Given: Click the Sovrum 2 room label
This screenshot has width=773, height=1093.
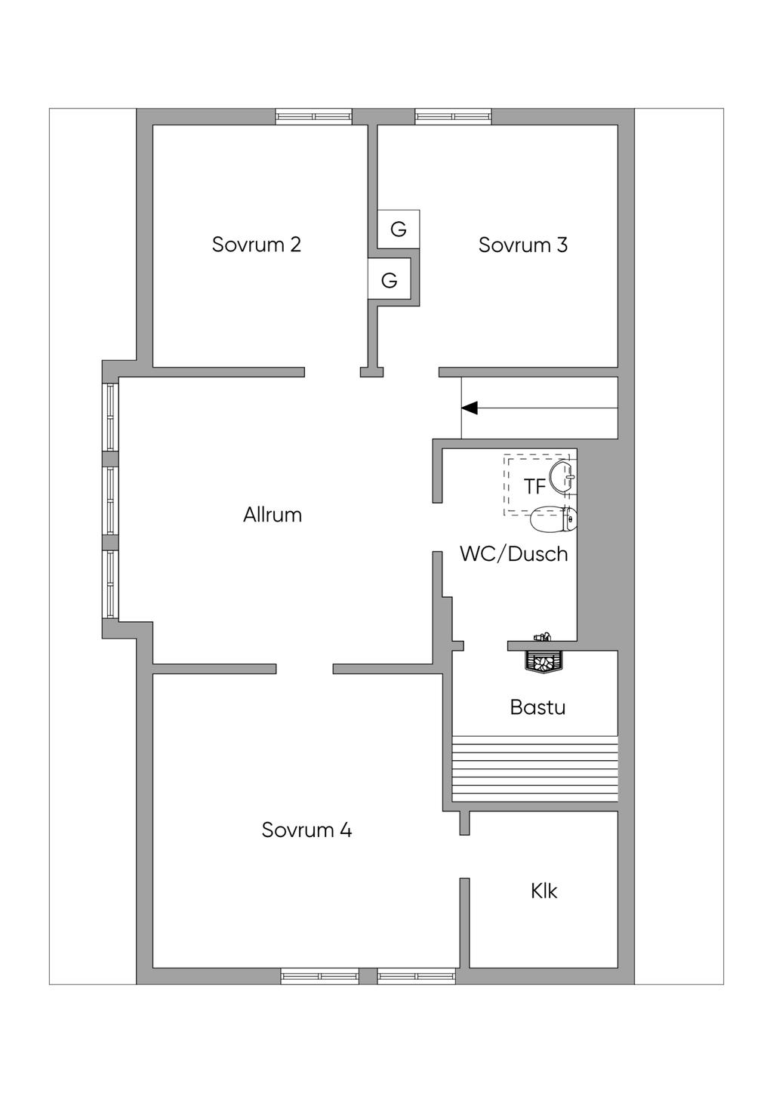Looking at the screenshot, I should [256, 245].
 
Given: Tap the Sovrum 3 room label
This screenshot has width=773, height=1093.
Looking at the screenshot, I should [522, 245].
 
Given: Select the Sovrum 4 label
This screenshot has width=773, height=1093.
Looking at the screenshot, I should [306, 830].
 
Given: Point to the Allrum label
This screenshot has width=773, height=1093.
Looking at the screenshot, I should [273, 515].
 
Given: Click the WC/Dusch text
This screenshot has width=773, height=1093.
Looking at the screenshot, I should [513, 554].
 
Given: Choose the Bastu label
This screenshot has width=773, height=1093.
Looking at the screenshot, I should [537, 707].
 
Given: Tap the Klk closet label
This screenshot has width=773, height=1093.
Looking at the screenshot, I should [544, 891].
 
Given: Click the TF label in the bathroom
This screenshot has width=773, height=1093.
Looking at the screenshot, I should [534, 487].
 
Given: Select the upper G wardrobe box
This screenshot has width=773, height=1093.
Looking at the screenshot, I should [398, 229].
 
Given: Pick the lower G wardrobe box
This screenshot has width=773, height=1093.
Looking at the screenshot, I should [389, 281].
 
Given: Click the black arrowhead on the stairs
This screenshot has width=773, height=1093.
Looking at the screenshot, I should [470, 408].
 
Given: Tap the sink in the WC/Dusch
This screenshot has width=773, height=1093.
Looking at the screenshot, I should [563, 476].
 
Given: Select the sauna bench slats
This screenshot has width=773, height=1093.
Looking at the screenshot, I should [534, 768].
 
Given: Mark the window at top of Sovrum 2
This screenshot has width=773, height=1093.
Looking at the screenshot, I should [313, 116].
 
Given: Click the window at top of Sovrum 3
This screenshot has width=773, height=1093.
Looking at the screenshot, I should [453, 116].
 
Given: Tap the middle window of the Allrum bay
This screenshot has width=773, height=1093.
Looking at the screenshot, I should [111, 500].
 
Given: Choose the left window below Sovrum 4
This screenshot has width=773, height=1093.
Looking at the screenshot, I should [319, 976].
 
